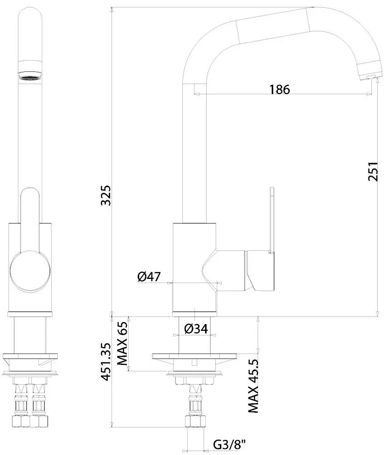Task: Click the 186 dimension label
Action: pyautogui.click(x=279, y=90)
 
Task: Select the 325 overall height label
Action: pyautogui.click(x=105, y=195)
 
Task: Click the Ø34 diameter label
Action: pyautogui.click(x=196, y=328)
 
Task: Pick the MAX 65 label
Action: pyautogui.click(x=122, y=344)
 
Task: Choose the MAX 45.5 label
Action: pyautogui.click(x=253, y=385)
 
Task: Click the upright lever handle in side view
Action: pyautogui.click(x=272, y=218)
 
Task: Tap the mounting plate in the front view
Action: pyautogui.click(x=30, y=357)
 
